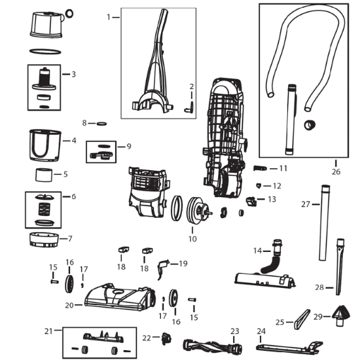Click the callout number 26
(336, 171)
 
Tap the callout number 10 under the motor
(192, 239)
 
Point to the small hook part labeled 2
(189, 107)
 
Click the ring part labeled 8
(101, 124)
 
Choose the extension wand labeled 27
(325, 223)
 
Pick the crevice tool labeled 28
(340, 267)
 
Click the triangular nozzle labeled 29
(342, 315)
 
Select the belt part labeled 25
(302, 319)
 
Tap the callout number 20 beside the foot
(69, 306)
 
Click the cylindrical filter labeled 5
(44, 175)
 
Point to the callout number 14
(258, 251)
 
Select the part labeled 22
(166, 338)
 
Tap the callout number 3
(73, 75)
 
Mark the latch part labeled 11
(260, 168)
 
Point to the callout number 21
(48, 331)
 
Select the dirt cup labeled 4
(45, 145)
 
